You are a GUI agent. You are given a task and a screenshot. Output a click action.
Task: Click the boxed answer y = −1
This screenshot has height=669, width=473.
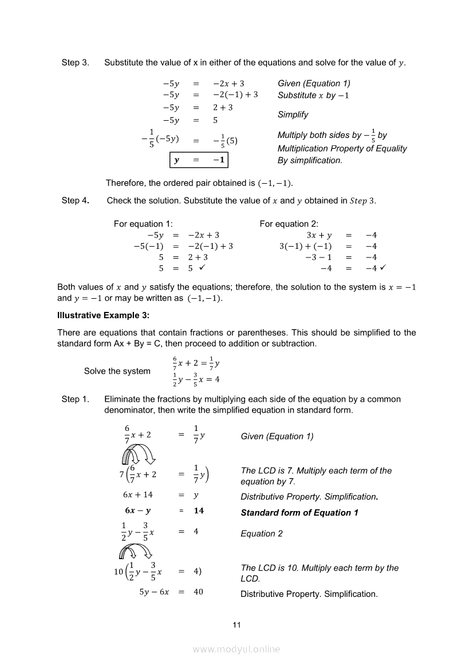coord(199,160)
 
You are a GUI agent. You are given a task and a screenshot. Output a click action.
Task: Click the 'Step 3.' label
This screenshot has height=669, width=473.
coord(75,62)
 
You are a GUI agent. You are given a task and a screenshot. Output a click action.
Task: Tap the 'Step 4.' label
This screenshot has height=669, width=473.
coord(75,200)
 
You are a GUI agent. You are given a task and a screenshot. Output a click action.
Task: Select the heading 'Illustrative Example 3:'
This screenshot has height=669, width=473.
coord(102,315)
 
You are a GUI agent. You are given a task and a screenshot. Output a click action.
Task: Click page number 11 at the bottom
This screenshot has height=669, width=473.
coord(236,625)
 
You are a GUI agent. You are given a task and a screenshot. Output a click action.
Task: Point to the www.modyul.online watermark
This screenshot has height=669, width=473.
coord(236,649)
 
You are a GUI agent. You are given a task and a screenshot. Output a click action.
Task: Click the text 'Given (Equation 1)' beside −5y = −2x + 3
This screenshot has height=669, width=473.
coord(314,84)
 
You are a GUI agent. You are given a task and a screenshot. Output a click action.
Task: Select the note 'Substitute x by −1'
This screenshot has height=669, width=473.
coord(313,96)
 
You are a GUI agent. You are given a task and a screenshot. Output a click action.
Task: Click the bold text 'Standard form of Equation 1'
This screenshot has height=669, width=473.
coord(299,513)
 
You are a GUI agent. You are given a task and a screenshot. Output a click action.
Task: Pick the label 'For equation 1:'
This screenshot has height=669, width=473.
coord(143,224)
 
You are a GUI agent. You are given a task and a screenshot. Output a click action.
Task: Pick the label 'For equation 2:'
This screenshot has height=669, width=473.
coord(289,224)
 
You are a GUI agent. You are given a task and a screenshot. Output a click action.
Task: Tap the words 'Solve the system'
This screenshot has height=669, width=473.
coord(117,371)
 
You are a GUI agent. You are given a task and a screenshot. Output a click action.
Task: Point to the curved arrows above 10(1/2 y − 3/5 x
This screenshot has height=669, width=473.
coord(135,551)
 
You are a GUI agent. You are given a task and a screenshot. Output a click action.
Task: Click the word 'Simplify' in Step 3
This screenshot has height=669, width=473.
coord(293,114)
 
